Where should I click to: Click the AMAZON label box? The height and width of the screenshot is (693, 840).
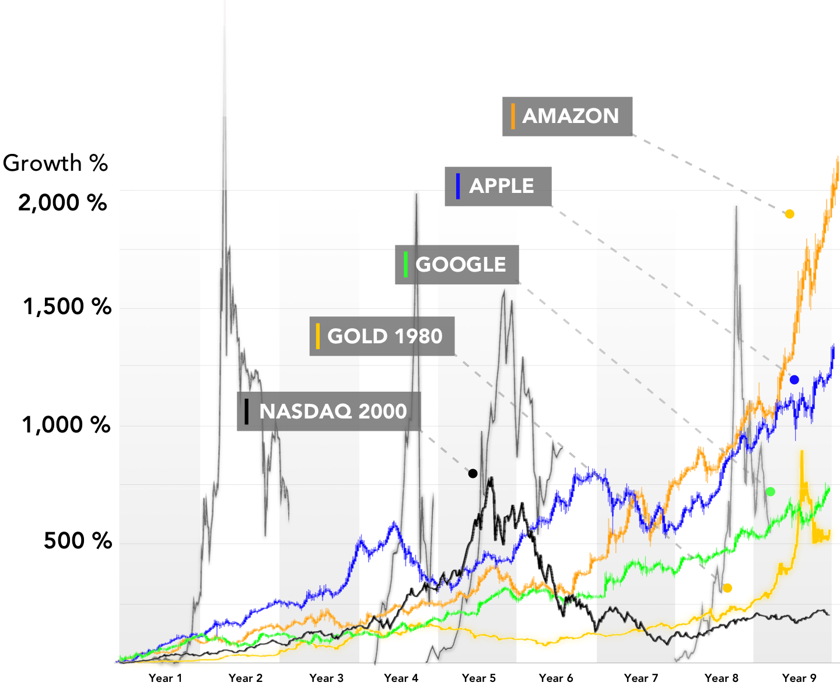pyautogui.click(x=567, y=117)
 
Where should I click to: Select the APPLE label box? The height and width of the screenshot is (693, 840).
pyautogui.click(x=498, y=187)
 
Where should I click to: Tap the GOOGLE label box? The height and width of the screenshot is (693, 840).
pyautogui.click(x=457, y=265)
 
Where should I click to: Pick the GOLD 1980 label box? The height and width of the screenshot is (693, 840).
pyautogui.click(x=381, y=336)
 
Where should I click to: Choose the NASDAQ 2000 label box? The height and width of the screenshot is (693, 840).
pyautogui.click(x=328, y=411)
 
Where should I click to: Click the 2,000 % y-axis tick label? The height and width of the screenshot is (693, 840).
pyautogui.click(x=63, y=203)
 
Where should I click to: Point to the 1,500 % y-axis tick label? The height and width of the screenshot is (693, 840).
pyautogui.click(x=66, y=307)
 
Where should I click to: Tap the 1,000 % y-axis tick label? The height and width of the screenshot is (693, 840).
pyautogui.click(x=66, y=425)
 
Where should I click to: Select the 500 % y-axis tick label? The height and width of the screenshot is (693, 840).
pyautogui.click(x=78, y=541)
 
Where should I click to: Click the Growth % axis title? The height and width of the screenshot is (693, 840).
pyautogui.click(x=55, y=163)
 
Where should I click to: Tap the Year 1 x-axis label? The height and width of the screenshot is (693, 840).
pyautogui.click(x=165, y=678)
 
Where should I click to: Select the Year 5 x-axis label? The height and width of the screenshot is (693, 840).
pyautogui.click(x=478, y=678)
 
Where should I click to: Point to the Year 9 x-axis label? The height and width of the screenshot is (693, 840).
pyautogui.click(x=799, y=678)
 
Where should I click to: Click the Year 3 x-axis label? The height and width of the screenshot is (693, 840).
pyautogui.click(x=326, y=678)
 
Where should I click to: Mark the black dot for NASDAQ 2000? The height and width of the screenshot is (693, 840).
pyautogui.click(x=473, y=473)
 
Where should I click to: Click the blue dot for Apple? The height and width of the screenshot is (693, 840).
pyautogui.click(x=794, y=380)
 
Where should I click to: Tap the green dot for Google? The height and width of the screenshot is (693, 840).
pyautogui.click(x=770, y=492)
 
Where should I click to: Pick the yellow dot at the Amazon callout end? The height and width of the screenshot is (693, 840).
pyautogui.click(x=789, y=214)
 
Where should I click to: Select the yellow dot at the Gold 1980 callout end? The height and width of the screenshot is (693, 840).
pyautogui.click(x=727, y=588)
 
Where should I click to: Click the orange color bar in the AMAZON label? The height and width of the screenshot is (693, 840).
pyautogui.click(x=513, y=116)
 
